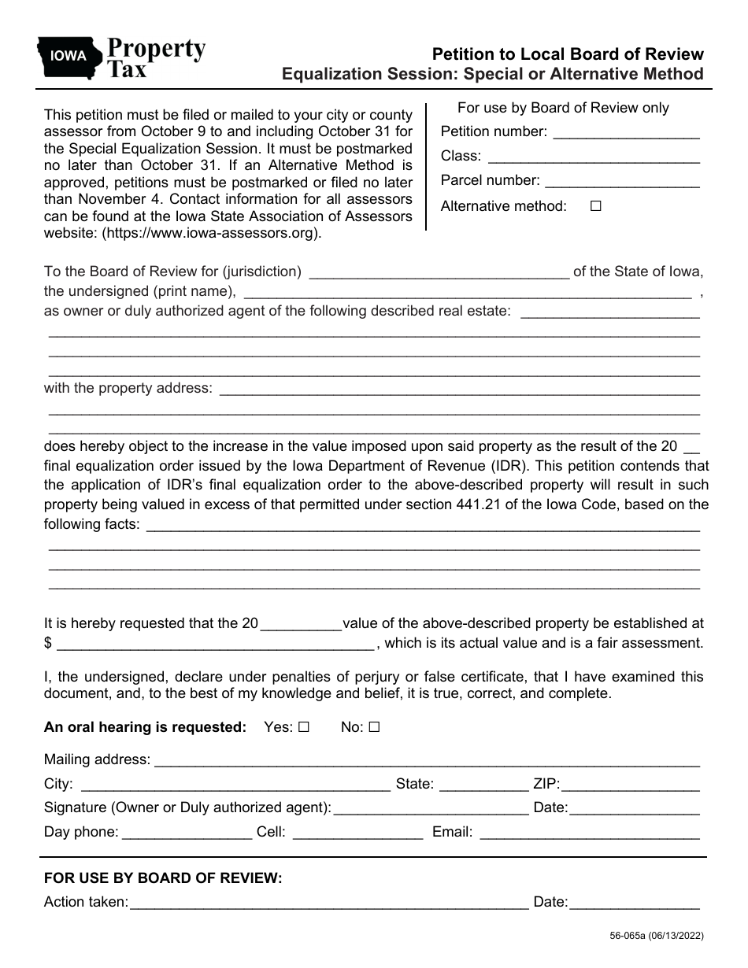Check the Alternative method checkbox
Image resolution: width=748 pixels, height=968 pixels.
[596, 206]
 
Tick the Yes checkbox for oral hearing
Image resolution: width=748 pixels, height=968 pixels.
[304, 728]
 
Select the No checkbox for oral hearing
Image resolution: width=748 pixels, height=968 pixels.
[374, 728]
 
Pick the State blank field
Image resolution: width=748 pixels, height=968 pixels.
[483, 785]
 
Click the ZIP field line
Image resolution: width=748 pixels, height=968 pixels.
[630, 785]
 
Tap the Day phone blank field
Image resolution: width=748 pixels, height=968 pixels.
[187, 833]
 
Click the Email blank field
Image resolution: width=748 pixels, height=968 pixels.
[589, 833]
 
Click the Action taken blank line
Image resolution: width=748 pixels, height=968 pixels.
[328, 903]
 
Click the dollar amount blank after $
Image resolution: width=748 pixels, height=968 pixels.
[216, 644]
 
